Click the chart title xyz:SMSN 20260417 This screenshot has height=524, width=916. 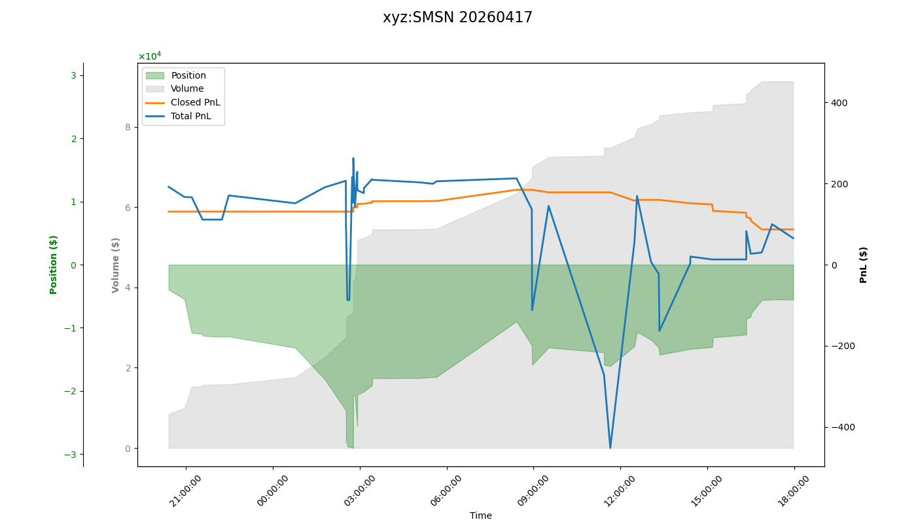pos(457,18)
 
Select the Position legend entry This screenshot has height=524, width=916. pos(188,75)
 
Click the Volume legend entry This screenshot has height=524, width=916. pos(187,89)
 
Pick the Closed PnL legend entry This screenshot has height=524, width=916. pos(195,102)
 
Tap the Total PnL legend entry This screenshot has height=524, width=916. pos(191,116)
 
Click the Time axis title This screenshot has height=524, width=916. pos(480,515)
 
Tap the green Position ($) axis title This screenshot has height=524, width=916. pos(54,265)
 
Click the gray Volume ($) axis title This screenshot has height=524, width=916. pos(116,265)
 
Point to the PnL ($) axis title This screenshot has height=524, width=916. pos(864,265)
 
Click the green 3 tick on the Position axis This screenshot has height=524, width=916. pos(73,75)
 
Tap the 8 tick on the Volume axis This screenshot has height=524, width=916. pos(128,127)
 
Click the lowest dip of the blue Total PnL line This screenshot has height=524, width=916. pos(610,448)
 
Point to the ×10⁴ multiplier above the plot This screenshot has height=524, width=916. pos(149,56)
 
